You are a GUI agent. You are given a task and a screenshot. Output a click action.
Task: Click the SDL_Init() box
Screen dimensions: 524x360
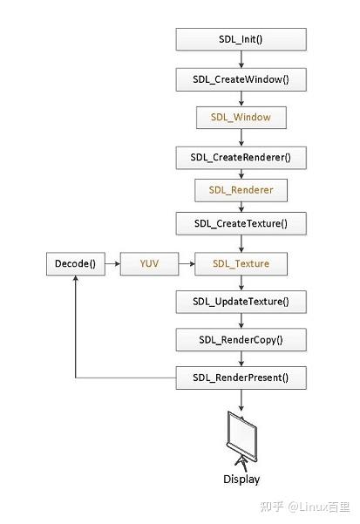[x=241, y=39]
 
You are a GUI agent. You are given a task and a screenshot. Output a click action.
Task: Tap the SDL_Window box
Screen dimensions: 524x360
[x=241, y=116]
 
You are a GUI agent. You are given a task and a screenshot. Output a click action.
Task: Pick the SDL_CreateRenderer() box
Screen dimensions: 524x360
[x=241, y=158]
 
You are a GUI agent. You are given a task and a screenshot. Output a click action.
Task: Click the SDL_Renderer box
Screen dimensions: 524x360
[x=241, y=188]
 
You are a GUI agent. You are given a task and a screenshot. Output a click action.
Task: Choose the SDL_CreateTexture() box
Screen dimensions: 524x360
[x=241, y=223]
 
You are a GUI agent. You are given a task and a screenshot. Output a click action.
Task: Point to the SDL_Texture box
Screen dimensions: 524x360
[x=241, y=262]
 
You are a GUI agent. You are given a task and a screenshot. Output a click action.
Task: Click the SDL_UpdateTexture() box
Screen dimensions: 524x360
[x=241, y=303]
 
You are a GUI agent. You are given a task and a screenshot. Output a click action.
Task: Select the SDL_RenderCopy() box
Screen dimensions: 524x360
[x=241, y=340]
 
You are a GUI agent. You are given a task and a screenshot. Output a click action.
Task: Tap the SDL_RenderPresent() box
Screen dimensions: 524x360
[x=241, y=378]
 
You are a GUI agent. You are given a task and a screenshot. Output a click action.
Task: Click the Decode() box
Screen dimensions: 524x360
[x=75, y=262]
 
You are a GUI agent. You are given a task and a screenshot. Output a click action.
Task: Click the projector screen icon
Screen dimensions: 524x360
[x=241, y=439]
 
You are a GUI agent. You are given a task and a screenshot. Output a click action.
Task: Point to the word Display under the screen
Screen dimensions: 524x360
[x=241, y=479]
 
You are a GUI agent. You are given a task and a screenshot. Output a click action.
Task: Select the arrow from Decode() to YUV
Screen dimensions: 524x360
[x=111, y=262]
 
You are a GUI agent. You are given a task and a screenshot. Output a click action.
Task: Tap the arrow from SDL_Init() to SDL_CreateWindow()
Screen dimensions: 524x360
[x=241, y=58]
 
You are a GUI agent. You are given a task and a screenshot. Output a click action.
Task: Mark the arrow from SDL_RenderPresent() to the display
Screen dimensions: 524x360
[x=241, y=399]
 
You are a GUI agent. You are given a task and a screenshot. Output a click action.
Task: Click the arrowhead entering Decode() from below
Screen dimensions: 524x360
[x=75, y=280]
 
